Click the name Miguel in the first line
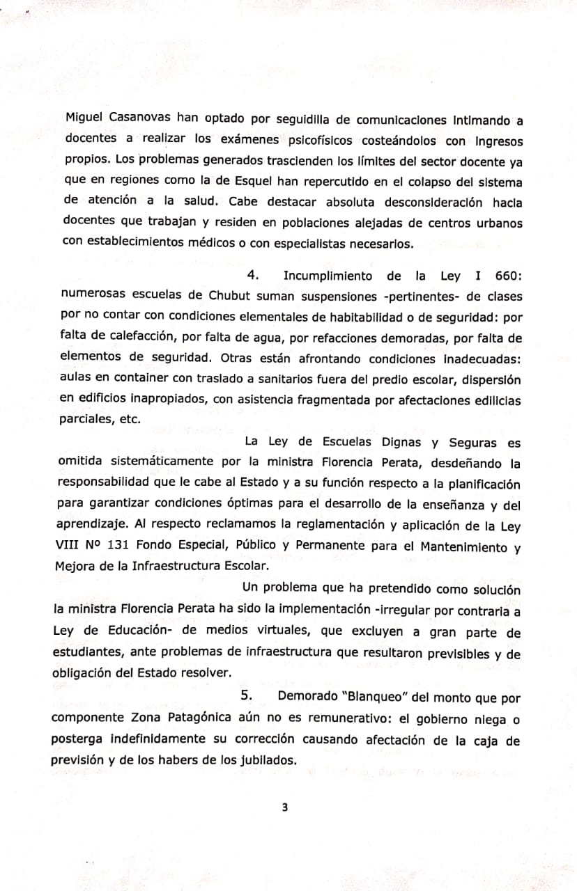(83, 118)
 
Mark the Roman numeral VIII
(67, 546)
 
